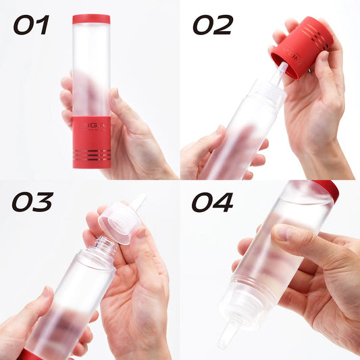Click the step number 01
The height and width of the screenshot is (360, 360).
31,25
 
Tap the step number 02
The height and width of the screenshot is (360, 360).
213,25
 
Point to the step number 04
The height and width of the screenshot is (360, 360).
213,202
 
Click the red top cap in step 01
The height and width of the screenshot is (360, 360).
91,19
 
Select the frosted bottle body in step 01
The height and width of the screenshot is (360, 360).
91,68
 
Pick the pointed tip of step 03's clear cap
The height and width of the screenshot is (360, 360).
138,201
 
